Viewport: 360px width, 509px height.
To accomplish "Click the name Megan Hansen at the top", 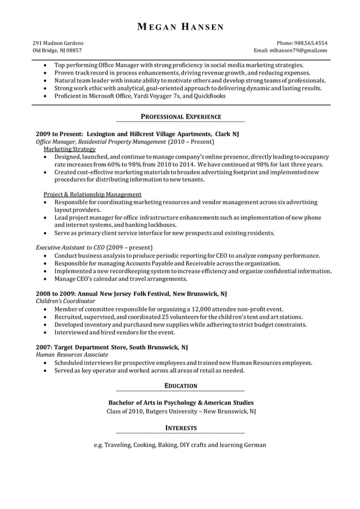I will tap(180, 27).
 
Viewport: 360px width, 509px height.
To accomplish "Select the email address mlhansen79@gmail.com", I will tap(298, 50).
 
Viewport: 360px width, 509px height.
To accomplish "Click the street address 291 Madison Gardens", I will tap(58, 43).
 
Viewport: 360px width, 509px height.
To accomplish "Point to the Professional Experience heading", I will tap(181, 117).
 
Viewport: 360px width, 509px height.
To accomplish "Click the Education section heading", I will tap(181, 386).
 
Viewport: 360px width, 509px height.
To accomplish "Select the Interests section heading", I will tap(181, 428).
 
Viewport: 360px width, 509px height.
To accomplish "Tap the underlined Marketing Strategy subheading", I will tap(69, 150).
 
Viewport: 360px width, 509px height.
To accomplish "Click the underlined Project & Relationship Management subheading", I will tap(93, 194).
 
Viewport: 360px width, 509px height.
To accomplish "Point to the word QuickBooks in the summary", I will tap(209, 96).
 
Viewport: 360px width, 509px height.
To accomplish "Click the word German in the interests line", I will tap(255, 445).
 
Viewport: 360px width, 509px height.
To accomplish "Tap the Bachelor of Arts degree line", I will tap(181, 403).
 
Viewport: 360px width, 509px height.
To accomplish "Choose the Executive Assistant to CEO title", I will tap(69, 247).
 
